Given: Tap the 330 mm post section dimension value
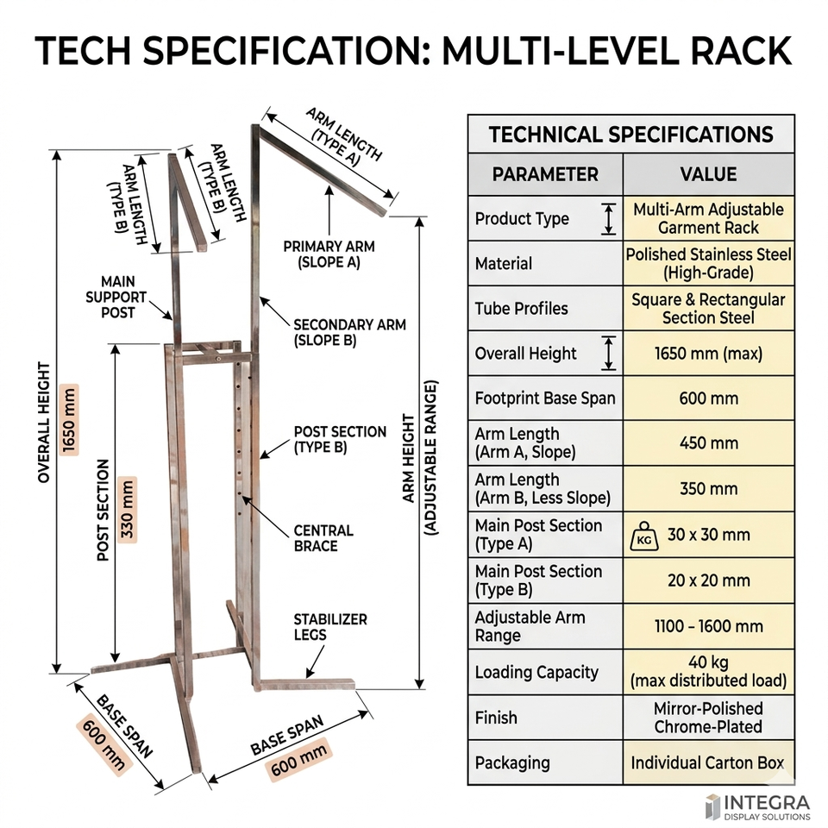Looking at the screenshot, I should point(127,510).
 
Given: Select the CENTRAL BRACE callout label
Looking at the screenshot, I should point(323,538).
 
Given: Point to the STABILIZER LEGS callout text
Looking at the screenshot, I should point(329,627).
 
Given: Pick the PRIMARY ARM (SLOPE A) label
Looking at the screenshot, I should point(322,254).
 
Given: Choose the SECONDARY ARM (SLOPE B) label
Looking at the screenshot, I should point(349,332).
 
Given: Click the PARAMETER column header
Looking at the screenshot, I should point(544,174).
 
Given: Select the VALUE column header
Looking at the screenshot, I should point(707,174).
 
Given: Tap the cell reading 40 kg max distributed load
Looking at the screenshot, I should point(708,672).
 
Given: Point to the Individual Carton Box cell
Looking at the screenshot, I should point(708,762).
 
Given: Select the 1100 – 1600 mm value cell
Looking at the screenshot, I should point(708,626).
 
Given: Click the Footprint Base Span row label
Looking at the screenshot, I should point(545,398).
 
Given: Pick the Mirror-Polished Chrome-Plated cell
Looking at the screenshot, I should point(708,718).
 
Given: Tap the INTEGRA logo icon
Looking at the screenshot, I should point(712,806).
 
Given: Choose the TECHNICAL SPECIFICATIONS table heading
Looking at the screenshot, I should point(630,135).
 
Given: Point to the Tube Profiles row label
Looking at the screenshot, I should point(516,309).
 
